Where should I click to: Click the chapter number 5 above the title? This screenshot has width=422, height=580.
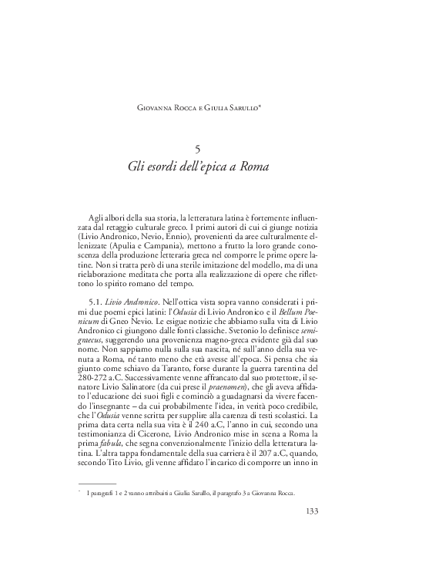point(210,149)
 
